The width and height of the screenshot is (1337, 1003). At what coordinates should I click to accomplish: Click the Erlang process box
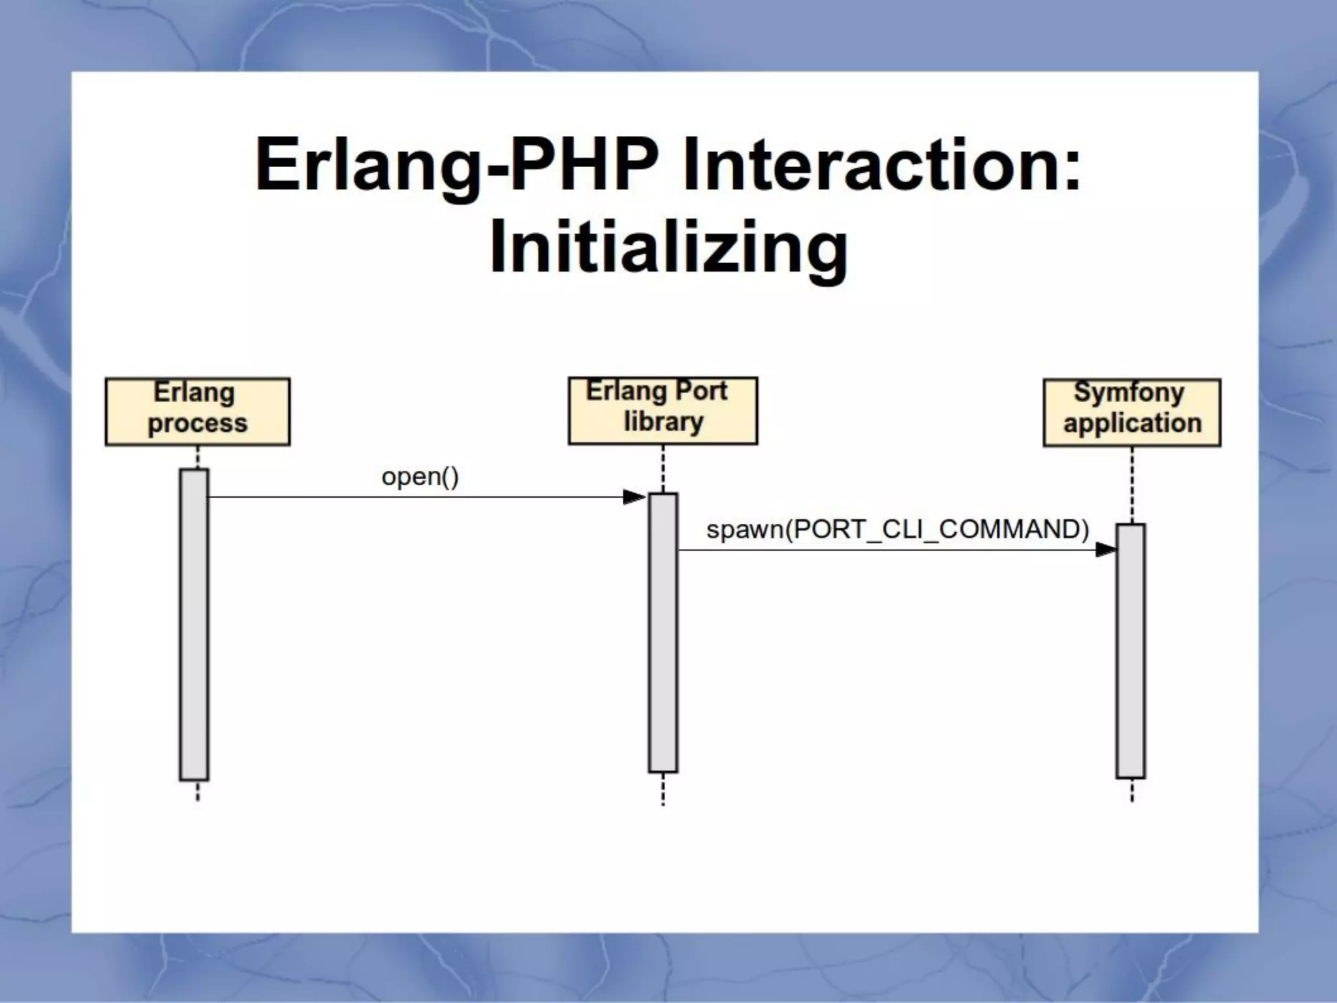click(x=197, y=411)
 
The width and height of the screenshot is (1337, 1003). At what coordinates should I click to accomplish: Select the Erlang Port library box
click(x=663, y=410)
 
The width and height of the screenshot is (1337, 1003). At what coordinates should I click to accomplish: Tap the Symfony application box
click(x=1131, y=412)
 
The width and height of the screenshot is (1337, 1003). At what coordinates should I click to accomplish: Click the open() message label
click(x=420, y=477)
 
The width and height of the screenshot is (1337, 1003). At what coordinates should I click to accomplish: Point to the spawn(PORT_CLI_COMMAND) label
click(x=898, y=529)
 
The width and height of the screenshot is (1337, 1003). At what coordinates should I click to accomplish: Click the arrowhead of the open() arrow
click(x=634, y=498)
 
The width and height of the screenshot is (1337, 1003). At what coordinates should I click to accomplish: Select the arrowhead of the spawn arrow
click(x=1105, y=550)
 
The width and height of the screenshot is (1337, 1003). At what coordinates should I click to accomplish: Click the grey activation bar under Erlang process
click(x=194, y=624)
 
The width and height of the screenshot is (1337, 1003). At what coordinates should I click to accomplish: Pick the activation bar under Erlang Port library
click(x=663, y=632)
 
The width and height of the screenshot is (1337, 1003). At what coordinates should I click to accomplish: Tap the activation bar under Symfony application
click(x=1130, y=650)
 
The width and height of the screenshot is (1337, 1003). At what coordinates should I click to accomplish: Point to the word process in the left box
click(x=197, y=424)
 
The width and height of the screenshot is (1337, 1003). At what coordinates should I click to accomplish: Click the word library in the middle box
click(x=663, y=422)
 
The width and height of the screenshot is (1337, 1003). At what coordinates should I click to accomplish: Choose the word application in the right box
click(x=1132, y=423)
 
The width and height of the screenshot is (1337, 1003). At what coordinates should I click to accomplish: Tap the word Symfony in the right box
click(x=1129, y=392)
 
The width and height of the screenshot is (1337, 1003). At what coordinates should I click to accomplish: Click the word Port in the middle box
click(x=700, y=391)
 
